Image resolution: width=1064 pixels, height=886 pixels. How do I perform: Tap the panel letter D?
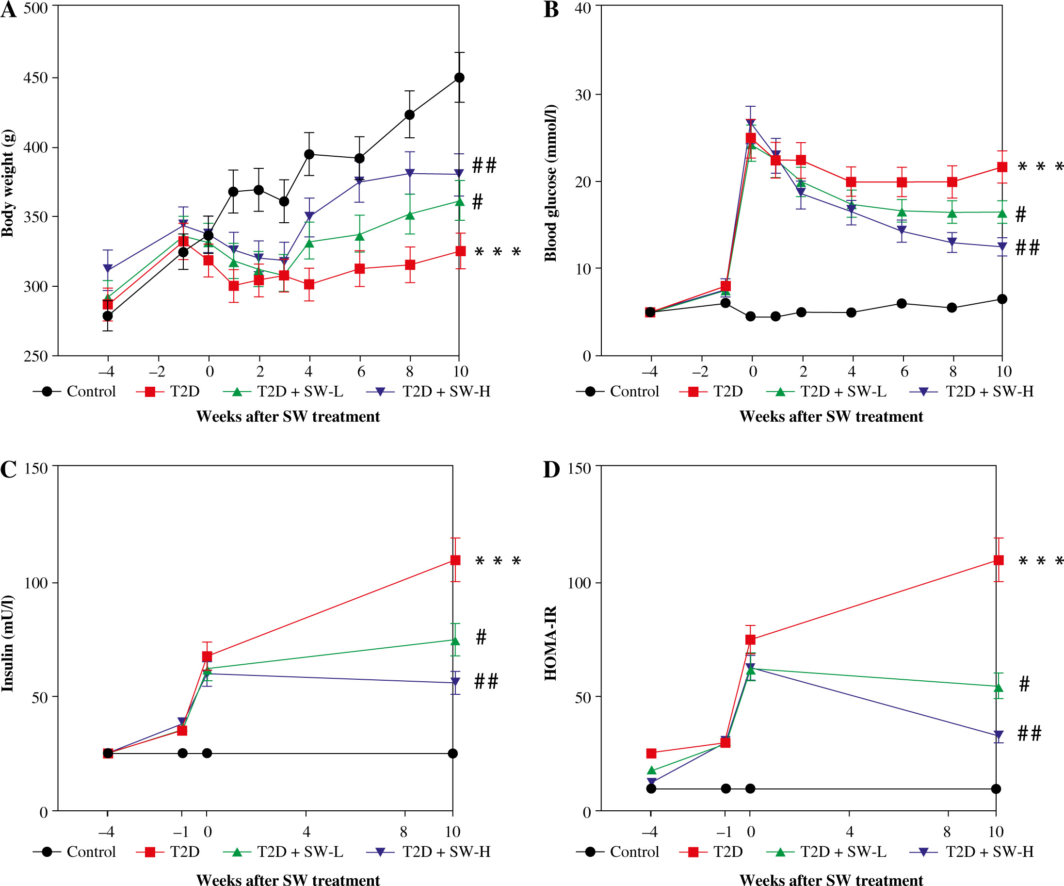(551, 469)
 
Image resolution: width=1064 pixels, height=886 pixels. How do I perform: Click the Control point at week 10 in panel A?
(459, 78)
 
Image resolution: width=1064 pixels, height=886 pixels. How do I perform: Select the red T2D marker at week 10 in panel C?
(455, 560)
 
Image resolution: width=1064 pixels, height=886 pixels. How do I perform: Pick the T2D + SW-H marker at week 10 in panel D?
(998, 735)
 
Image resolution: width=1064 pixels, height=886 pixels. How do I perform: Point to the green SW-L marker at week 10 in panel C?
(455, 640)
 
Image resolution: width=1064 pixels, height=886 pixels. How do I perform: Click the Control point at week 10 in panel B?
(1001, 299)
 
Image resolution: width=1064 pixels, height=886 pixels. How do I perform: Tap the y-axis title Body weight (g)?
(8, 183)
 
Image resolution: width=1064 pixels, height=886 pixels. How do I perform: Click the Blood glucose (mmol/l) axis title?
(551, 183)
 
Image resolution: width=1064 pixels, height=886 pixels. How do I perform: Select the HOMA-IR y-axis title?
(551, 643)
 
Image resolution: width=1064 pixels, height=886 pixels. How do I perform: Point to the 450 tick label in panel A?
(35, 78)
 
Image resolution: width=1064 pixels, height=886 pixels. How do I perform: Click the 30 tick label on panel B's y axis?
(582, 95)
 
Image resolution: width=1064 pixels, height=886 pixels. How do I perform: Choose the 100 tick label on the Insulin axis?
(35, 583)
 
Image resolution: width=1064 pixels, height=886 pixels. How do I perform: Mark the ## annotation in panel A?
(484, 165)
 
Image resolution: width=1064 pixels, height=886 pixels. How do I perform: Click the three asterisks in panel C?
(498, 561)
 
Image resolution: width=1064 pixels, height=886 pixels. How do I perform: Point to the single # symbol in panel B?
(1020, 214)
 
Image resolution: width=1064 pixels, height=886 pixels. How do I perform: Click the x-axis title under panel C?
(288, 880)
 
